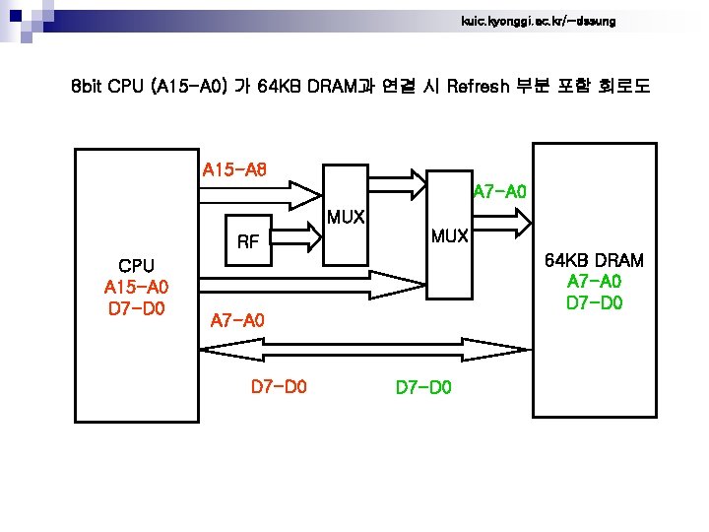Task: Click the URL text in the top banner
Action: pyautogui.click(x=538, y=21)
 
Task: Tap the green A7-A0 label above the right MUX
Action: pyautogui.click(x=500, y=190)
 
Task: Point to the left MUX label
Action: pyautogui.click(x=347, y=217)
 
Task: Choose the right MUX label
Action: pyautogui.click(x=452, y=236)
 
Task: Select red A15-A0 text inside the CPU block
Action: pyautogui.click(x=136, y=288)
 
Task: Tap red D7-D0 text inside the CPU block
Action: pyautogui.click(x=136, y=309)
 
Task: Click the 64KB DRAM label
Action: pyautogui.click(x=594, y=260)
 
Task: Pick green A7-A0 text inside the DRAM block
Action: pyautogui.click(x=594, y=281)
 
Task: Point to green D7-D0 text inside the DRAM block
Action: pyautogui.click(x=594, y=301)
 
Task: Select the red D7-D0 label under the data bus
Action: pyautogui.click(x=279, y=387)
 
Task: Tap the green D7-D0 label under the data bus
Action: pyautogui.click(x=423, y=387)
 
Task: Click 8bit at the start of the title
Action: pyautogui.click(x=93, y=87)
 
